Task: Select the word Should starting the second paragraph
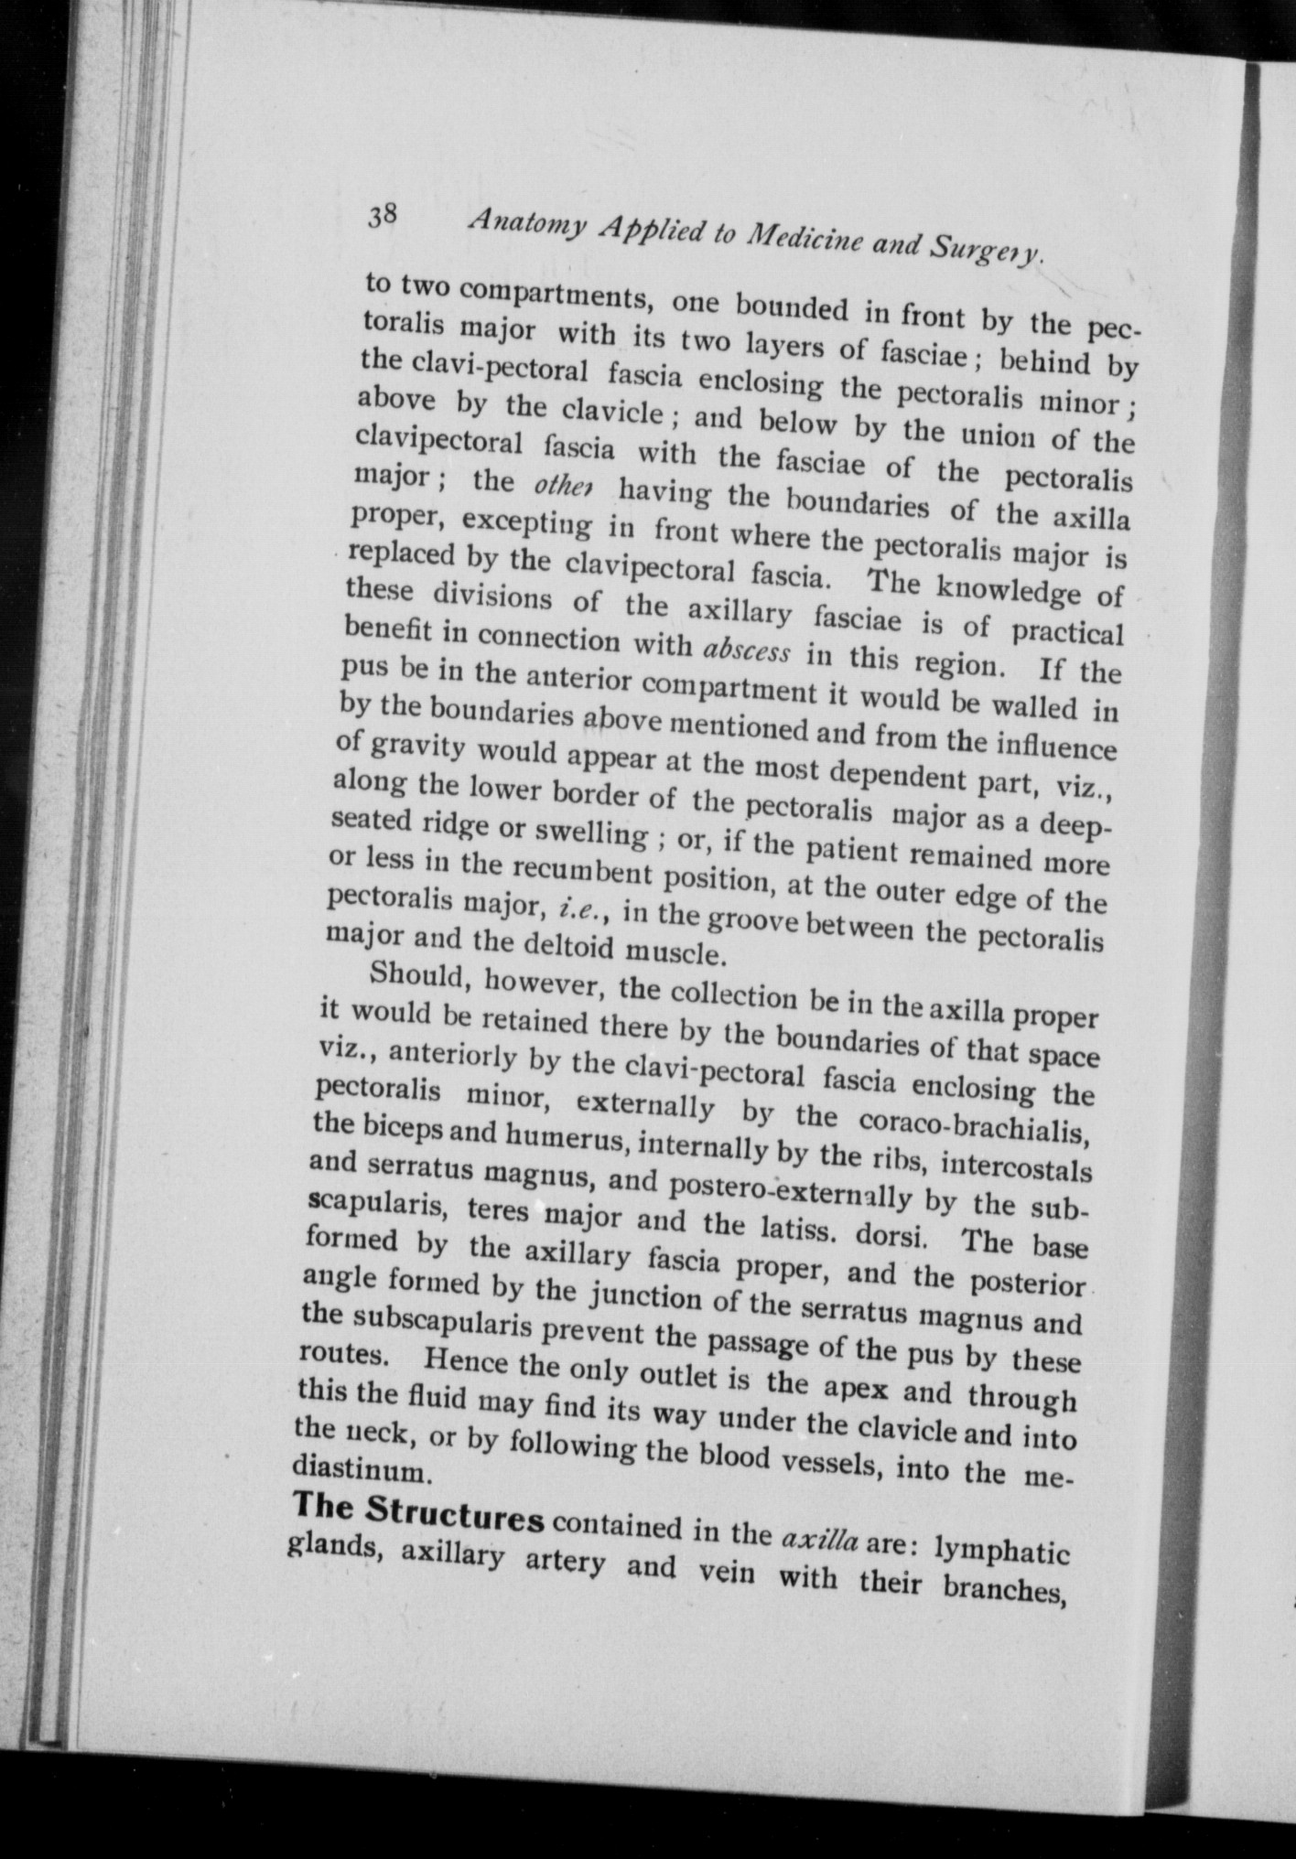tap(416, 975)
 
